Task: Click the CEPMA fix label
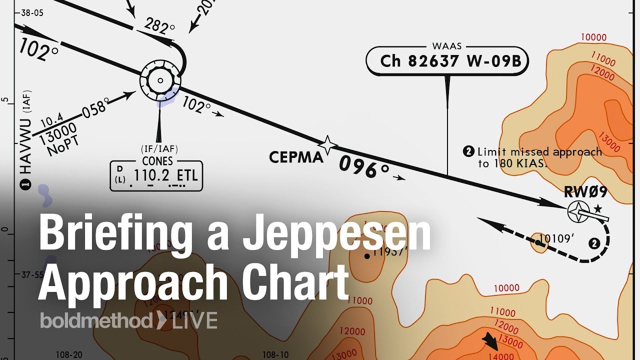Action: point(296,157)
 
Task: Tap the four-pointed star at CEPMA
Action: point(328,145)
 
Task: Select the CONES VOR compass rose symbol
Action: point(160,80)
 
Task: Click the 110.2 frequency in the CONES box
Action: point(149,176)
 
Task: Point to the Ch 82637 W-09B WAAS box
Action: point(447,61)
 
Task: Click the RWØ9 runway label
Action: point(585,192)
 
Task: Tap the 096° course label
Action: point(363,167)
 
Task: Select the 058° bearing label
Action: point(95,108)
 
